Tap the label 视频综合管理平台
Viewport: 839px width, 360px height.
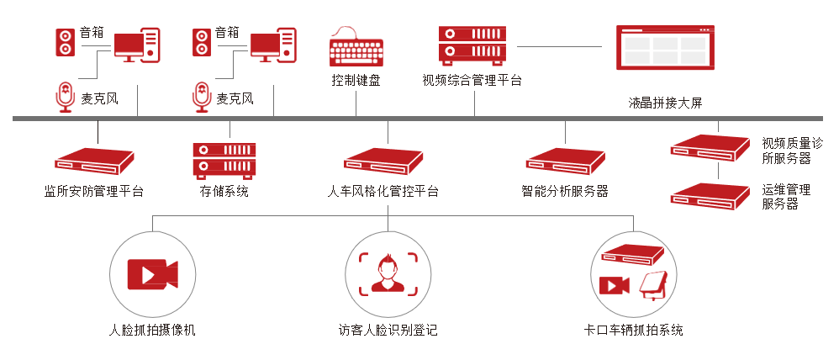(472, 81)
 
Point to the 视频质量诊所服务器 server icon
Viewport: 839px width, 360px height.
(710, 146)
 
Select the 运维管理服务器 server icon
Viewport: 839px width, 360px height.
(710, 196)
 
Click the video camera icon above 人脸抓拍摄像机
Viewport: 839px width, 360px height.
(152, 274)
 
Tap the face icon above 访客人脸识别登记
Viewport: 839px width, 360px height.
(388, 273)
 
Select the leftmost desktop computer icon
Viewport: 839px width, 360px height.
(136, 44)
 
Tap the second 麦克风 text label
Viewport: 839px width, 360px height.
(235, 98)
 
